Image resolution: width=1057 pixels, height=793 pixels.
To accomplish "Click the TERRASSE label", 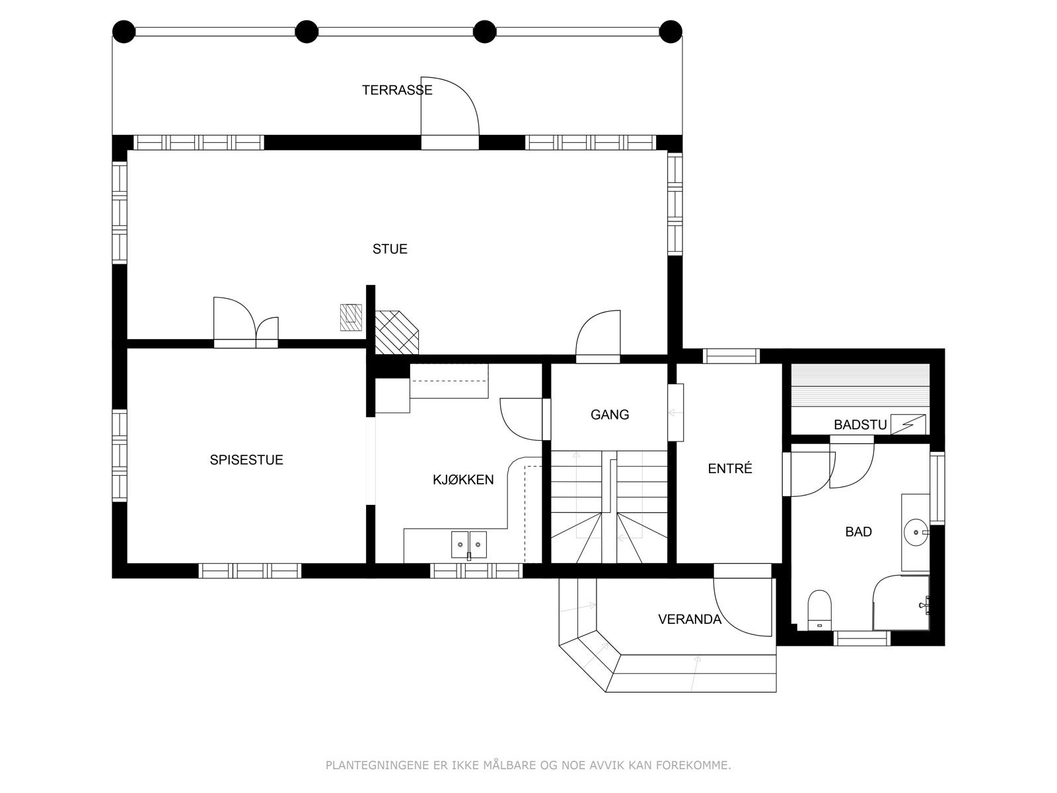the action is [397, 90].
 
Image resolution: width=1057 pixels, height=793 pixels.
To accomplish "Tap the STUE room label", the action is [390, 249].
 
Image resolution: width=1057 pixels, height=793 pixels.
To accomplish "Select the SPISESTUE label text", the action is [246, 460].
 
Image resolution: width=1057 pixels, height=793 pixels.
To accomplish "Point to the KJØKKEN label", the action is [463, 480].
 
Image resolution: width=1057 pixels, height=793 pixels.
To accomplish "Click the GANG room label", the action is [610, 414].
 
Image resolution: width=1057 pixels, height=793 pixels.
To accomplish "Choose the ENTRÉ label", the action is [730, 468].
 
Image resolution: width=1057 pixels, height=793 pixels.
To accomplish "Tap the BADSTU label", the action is [861, 425].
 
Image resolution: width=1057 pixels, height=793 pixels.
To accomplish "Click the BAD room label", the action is [859, 531].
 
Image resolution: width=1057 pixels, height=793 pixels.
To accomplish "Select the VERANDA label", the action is [690, 619].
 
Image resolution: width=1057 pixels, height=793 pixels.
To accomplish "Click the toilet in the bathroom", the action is [820, 610].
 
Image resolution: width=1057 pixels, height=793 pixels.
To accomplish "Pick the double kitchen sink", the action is [469, 545].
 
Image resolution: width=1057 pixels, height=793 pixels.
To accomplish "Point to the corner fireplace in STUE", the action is [396, 332].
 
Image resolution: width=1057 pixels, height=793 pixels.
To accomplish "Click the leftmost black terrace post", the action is [124, 32].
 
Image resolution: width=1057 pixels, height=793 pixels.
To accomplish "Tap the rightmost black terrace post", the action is [671, 32].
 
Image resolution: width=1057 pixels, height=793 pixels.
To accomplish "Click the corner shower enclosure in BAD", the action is [901, 602].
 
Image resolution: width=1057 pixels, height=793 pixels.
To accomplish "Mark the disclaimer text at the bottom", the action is [528, 765].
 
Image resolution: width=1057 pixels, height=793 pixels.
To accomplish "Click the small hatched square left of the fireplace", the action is [351, 317].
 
